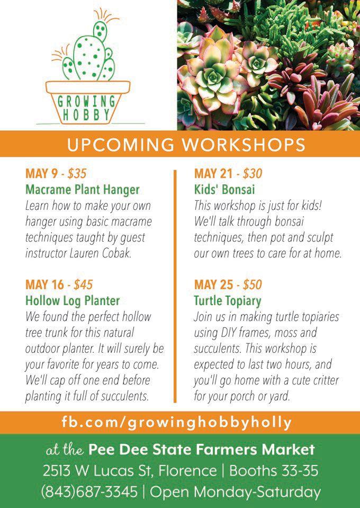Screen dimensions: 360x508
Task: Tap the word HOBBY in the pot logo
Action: coord(86,115)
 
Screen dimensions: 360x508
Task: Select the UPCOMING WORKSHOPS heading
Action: coord(186,145)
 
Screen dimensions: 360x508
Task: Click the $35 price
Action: coord(77,174)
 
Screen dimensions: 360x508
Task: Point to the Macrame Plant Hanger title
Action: coord(83,190)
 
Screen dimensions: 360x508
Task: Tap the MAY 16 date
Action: coord(44,285)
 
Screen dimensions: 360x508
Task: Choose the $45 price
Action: coord(83,285)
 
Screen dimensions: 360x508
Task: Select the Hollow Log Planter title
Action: coord(73,301)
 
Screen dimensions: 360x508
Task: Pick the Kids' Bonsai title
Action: coord(224,190)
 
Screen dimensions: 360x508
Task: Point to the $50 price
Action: coord(252,285)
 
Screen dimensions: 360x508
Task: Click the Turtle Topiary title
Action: coord(228,301)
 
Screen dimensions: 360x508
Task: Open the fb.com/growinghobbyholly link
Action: coord(177,423)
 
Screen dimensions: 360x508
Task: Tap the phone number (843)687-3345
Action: coord(89,492)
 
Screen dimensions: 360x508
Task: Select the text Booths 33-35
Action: coord(274,471)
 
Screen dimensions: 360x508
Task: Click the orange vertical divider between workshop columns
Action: coord(175,286)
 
